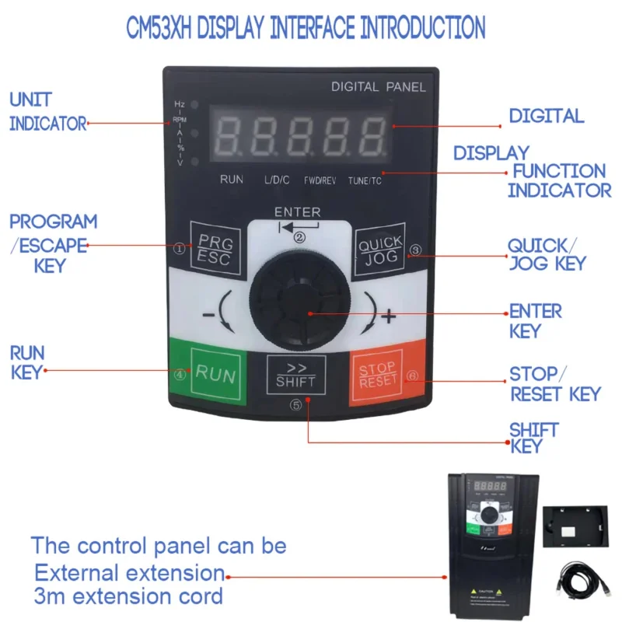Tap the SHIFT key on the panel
point(295,373)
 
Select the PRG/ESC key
point(211,250)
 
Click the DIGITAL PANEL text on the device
point(378,87)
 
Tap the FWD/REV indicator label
point(320,180)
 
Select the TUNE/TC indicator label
point(365,180)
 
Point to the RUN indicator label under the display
point(232,180)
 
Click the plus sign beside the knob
point(390,316)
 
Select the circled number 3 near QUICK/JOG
point(415,250)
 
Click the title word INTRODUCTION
point(421,28)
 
